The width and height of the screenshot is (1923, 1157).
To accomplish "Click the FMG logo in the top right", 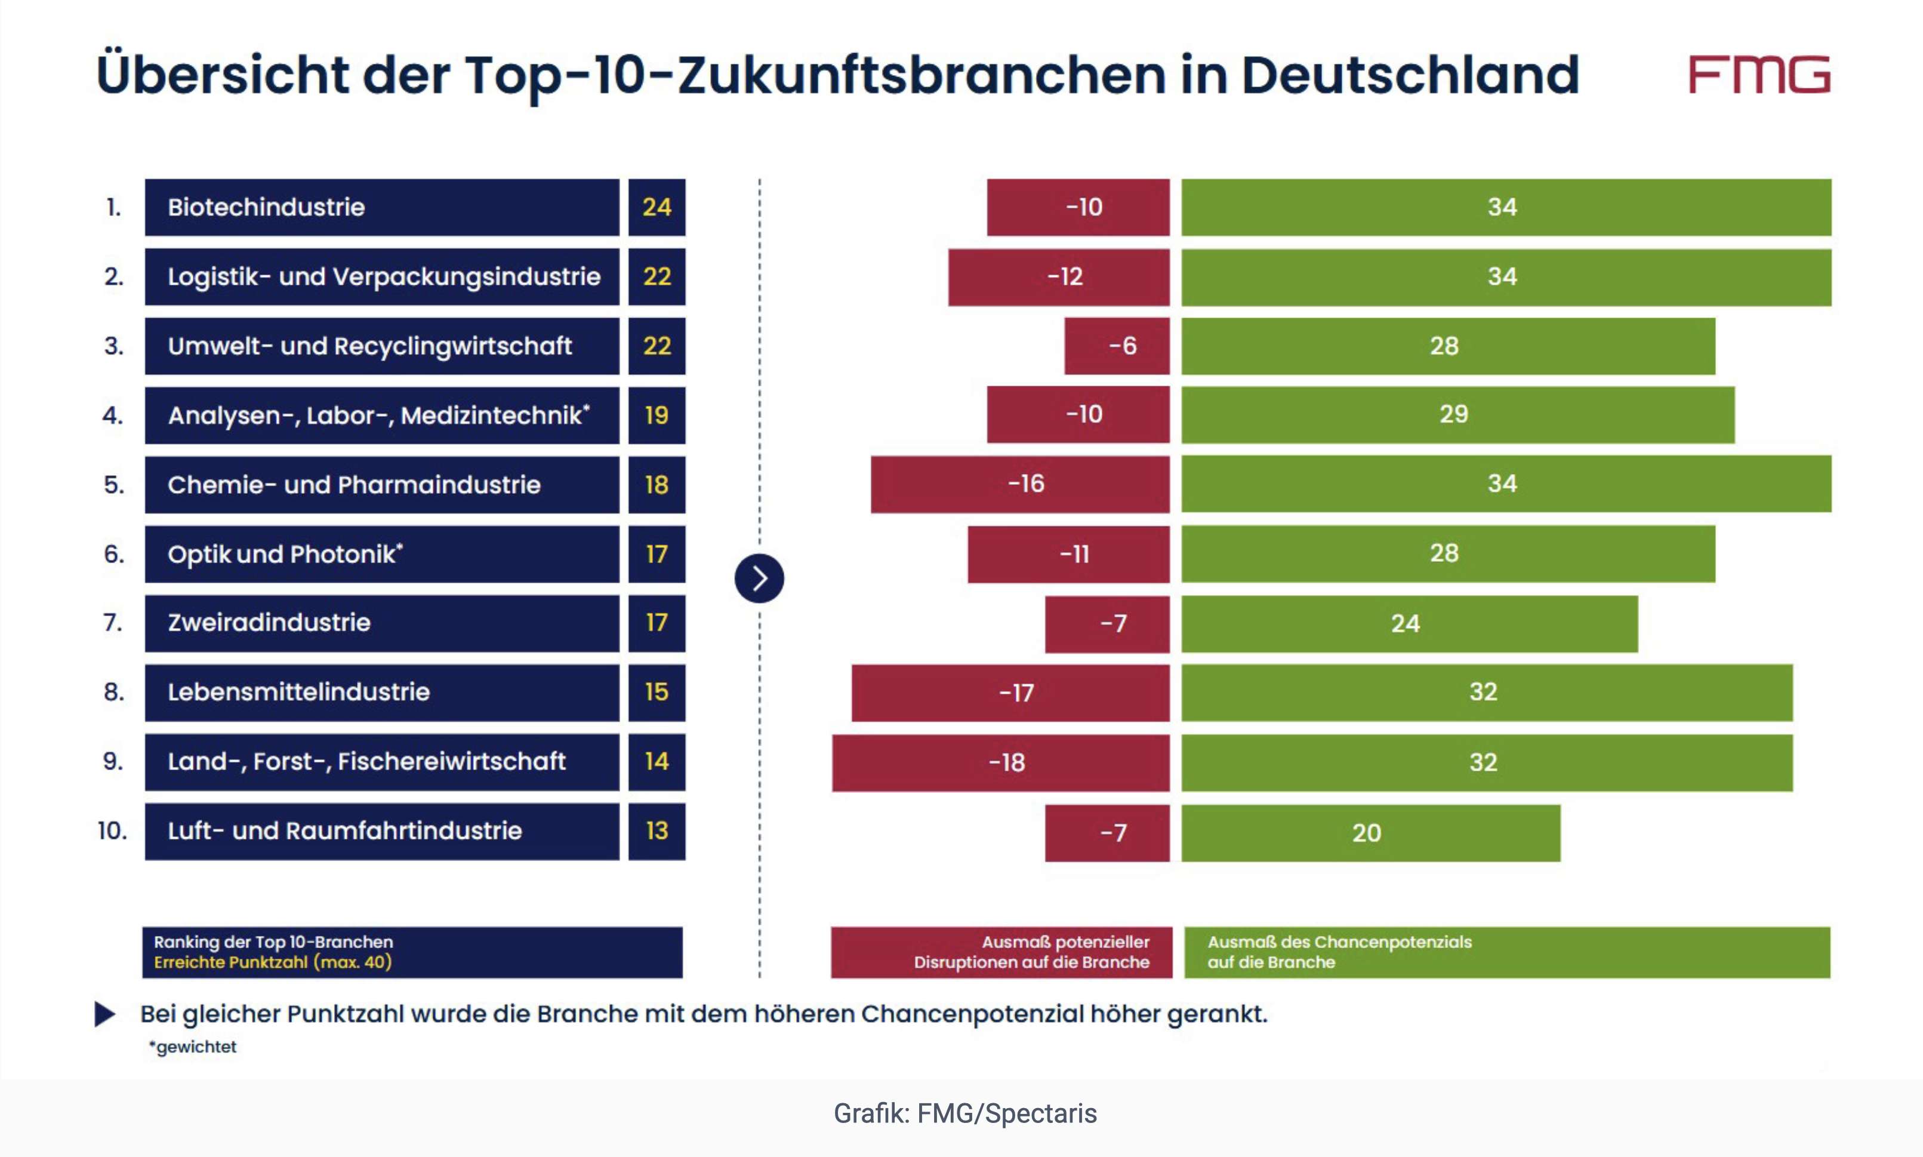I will [x=1759, y=75].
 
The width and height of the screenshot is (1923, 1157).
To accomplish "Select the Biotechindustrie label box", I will [x=382, y=207].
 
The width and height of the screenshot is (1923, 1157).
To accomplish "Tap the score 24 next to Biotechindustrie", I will [x=657, y=207].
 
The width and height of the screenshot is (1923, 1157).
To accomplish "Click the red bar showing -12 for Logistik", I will [x=1058, y=277].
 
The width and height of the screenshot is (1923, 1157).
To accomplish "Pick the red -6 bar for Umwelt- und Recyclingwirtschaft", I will [x=1117, y=346].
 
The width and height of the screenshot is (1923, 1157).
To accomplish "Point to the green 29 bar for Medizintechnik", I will [x=1457, y=415].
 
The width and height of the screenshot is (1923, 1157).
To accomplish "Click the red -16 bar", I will [x=1020, y=484].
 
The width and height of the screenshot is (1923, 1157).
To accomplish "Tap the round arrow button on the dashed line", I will [x=759, y=578].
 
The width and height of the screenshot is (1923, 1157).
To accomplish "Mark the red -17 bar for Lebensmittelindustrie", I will [x=1010, y=693].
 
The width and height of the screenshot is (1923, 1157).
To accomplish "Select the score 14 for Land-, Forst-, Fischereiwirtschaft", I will [x=657, y=762].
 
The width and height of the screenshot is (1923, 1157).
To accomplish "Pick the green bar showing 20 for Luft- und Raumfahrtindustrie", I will [x=1370, y=833].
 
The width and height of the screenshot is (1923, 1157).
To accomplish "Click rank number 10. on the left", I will [x=112, y=831].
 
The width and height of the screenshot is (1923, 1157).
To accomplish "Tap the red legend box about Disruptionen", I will [x=1001, y=952].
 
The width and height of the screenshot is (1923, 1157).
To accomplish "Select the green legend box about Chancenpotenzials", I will [x=1506, y=952].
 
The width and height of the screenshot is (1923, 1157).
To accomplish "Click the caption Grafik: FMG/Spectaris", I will [x=964, y=1113].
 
